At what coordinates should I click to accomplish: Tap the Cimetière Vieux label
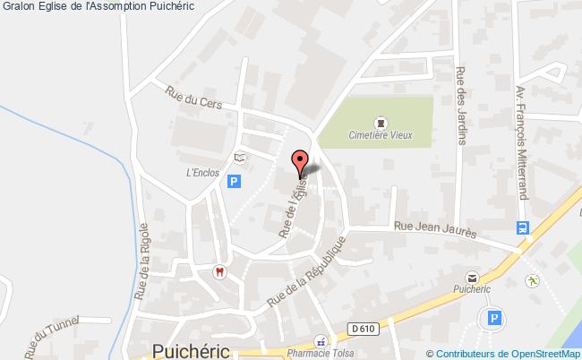click(x=380, y=136)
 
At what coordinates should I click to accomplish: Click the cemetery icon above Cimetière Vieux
click(x=380, y=121)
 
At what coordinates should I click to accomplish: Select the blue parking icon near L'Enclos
click(x=235, y=182)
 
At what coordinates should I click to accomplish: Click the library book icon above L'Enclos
click(x=239, y=158)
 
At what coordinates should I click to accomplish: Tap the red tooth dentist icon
click(x=216, y=271)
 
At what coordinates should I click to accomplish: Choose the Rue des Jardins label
click(x=461, y=106)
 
